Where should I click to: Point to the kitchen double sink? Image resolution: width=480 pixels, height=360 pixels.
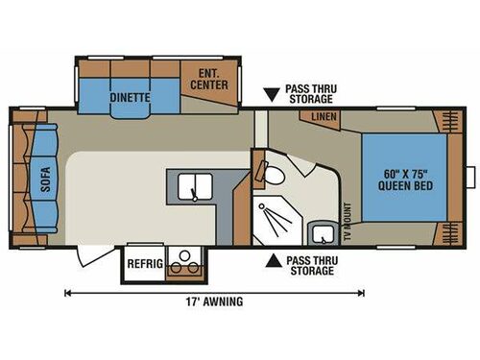coord(194,186)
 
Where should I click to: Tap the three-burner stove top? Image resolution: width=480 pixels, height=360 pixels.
coord(181,261)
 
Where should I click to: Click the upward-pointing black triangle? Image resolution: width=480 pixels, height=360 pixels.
coord(276,259)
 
